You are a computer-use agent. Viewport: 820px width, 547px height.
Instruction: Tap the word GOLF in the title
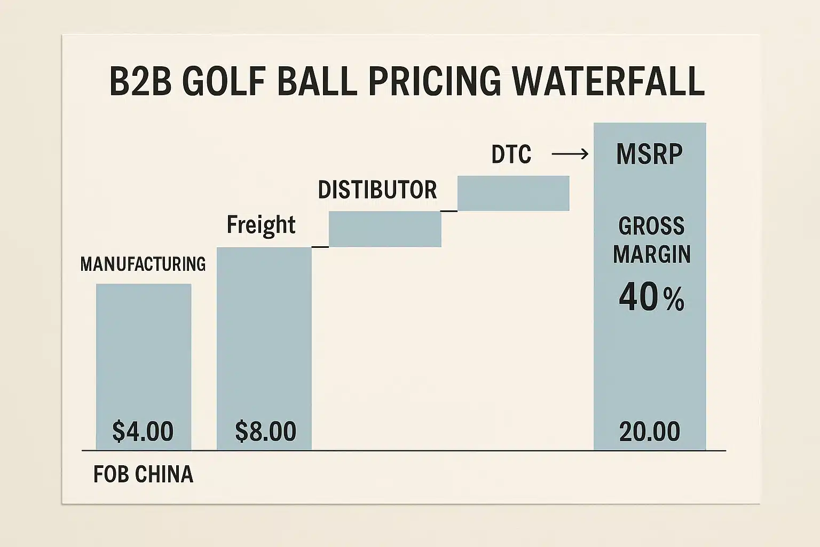(224, 82)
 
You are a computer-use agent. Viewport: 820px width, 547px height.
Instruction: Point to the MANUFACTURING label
(143, 264)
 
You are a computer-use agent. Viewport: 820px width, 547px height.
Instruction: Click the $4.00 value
(143, 431)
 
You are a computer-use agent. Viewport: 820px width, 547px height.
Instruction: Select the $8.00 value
(265, 431)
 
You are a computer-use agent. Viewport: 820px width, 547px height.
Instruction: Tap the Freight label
(261, 225)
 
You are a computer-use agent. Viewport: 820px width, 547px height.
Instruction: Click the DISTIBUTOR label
(377, 190)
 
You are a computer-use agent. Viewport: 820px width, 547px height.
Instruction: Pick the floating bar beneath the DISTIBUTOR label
(385, 229)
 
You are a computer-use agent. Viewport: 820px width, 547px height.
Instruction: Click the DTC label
(511, 155)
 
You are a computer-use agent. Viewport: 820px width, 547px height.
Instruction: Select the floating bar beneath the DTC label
(513, 193)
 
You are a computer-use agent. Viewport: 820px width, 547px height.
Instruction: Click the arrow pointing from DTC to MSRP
(570, 154)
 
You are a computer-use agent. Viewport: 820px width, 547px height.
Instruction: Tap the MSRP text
(649, 154)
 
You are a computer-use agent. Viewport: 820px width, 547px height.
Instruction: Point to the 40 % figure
(651, 298)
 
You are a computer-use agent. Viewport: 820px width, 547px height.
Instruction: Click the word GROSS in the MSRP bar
(651, 226)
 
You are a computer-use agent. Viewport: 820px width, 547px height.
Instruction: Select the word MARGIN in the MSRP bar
(652, 254)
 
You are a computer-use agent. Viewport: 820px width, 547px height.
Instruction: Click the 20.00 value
(650, 432)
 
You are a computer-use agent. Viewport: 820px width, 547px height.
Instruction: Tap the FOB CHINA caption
(143, 474)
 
